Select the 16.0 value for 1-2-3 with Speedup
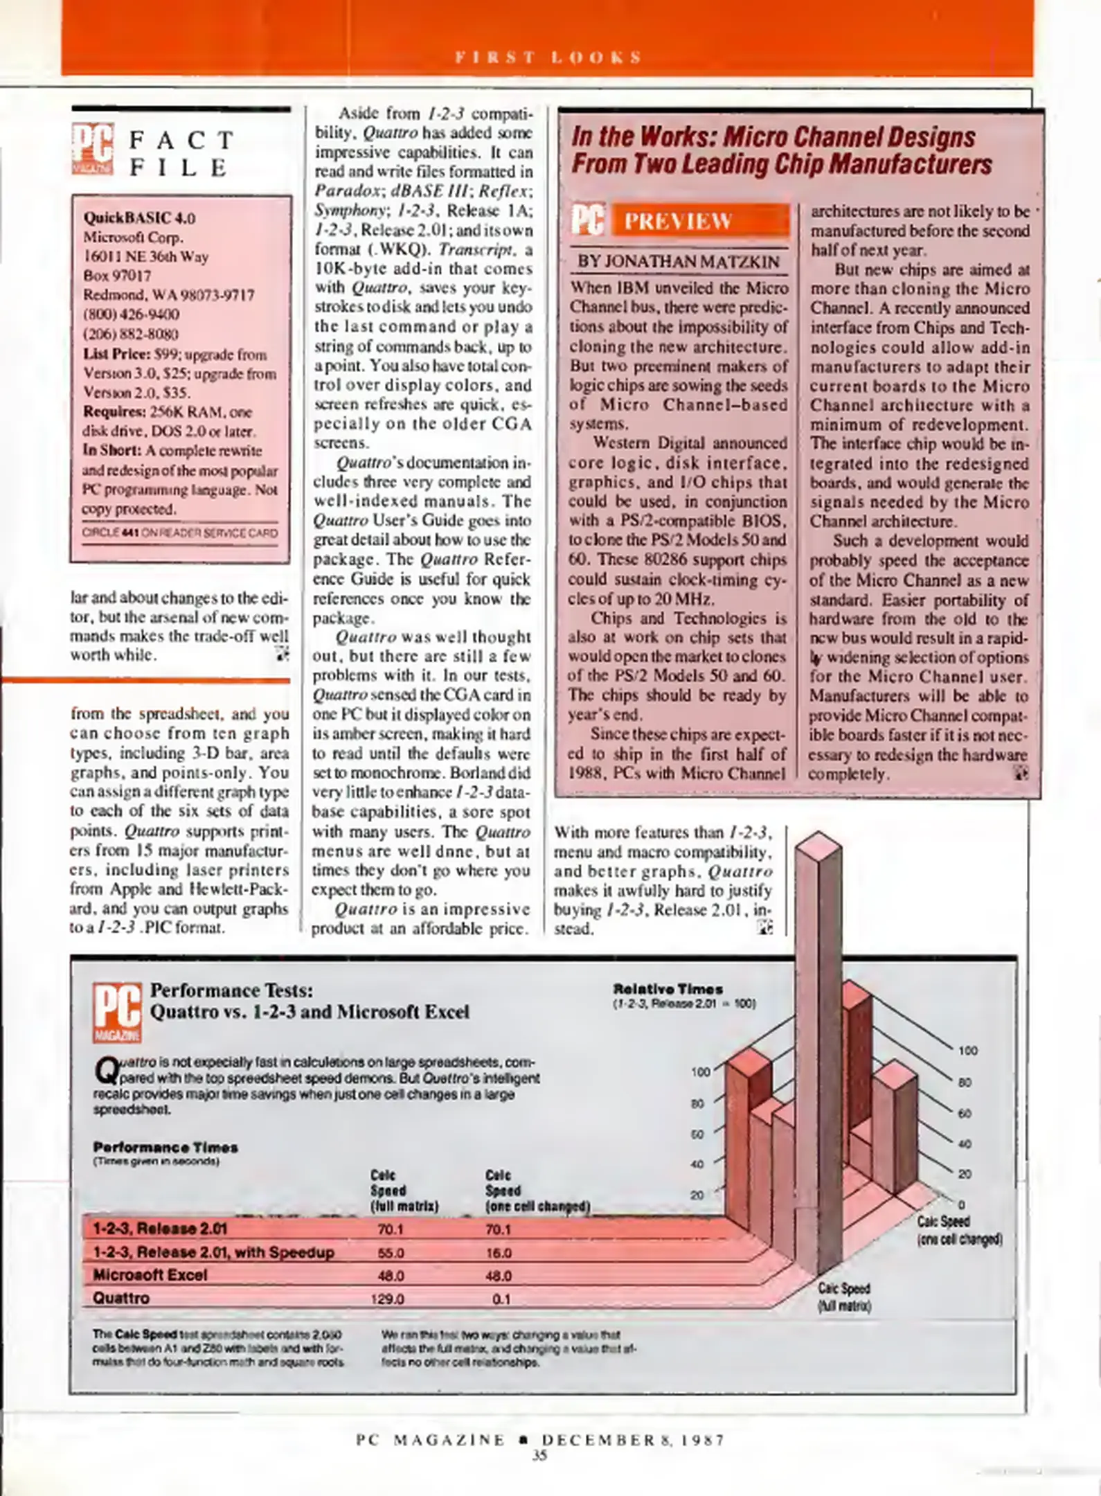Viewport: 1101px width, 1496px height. pyautogui.click(x=498, y=1253)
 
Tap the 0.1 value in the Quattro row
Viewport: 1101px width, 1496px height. pyautogui.click(x=501, y=1299)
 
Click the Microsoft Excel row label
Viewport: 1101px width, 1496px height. pyautogui.click(x=150, y=1275)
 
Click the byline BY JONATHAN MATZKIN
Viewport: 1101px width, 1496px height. pyautogui.click(x=678, y=262)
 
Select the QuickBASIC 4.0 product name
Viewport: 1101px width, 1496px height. pyautogui.click(x=139, y=217)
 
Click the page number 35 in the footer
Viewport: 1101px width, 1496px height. pyautogui.click(x=539, y=1455)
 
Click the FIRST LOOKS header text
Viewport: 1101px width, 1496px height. pyautogui.click(x=548, y=57)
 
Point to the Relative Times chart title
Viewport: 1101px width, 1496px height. pyautogui.click(x=668, y=989)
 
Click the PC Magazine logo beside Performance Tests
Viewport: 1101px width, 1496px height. pyautogui.click(x=117, y=1012)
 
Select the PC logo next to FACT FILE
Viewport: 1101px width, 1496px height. pyautogui.click(x=92, y=148)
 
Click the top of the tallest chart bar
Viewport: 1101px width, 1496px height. pyautogui.click(x=818, y=846)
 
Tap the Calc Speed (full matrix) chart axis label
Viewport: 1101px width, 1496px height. pyautogui.click(x=843, y=1297)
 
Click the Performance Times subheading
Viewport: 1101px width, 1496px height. pyautogui.click(x=165, y=1147)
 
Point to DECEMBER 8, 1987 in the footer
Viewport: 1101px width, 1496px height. pyautogui.click(x=633, y=1440)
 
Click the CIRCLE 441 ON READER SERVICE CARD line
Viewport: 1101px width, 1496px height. pyautogui.click(x=179, y=533)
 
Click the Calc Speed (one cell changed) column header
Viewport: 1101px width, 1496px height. pyautogui.click(x=537, y=1190)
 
